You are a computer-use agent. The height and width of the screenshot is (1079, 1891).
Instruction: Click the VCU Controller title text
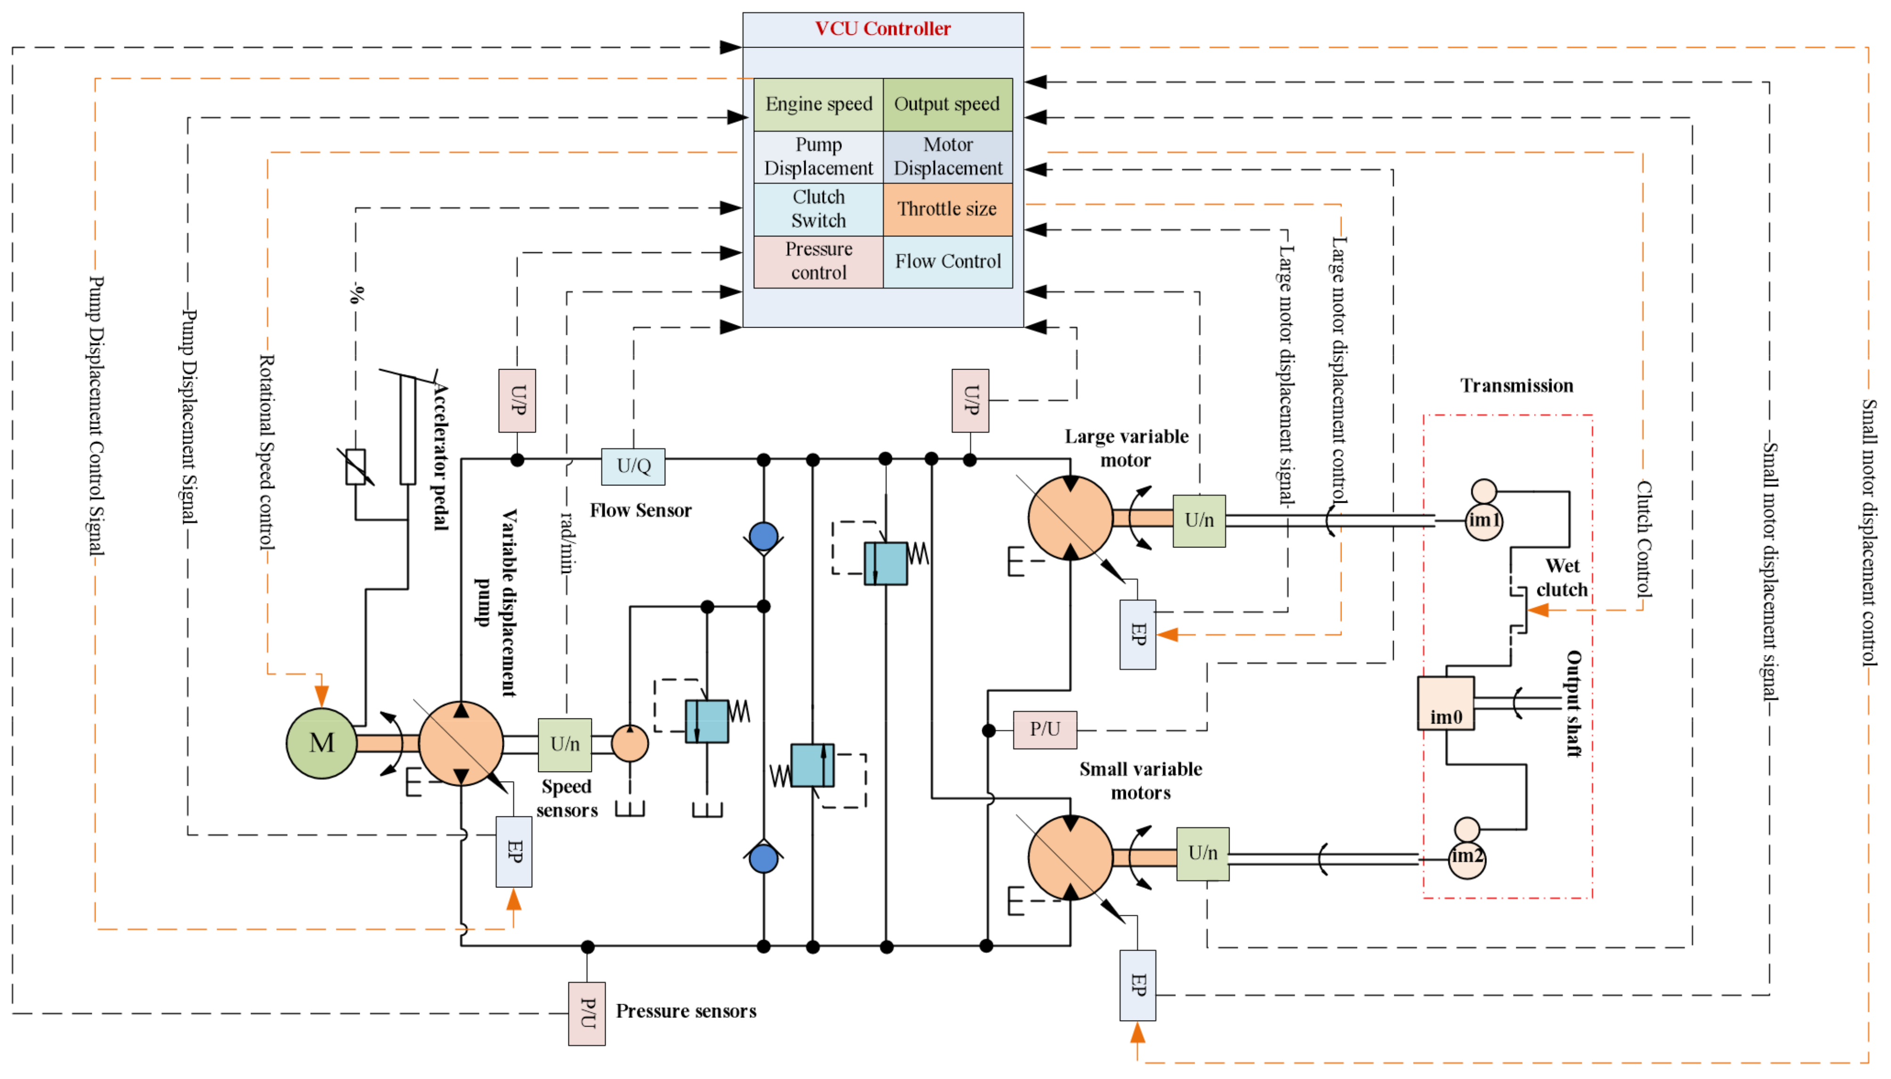click(x=882, y=29)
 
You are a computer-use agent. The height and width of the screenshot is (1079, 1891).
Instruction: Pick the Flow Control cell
click(x=947, y=262)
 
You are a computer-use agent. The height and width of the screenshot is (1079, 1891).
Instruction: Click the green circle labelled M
click(x=322, y=742)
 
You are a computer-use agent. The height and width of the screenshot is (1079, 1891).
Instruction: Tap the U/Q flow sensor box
click(x=633, y=466)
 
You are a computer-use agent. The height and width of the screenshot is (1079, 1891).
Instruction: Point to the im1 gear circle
click(x=1483, y=520)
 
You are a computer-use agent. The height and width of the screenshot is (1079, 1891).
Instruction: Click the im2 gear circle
click(x=1466, y=857)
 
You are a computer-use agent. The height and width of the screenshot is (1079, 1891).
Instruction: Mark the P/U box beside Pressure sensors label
click(x=586, y=1013)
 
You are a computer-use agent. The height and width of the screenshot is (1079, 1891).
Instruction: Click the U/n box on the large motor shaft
click(x=1198, y=520)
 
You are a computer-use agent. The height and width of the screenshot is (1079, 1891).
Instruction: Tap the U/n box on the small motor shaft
click(x=1202, y=853)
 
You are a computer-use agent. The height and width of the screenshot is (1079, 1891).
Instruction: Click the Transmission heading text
click(x=1516, y=386)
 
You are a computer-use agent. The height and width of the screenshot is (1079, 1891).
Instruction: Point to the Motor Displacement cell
click(x=947, y=156)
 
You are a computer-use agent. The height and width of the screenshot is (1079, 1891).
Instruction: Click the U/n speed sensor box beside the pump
click(x=564, y=744)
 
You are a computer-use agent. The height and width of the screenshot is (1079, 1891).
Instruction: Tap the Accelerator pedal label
click(x=440, y=456)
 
